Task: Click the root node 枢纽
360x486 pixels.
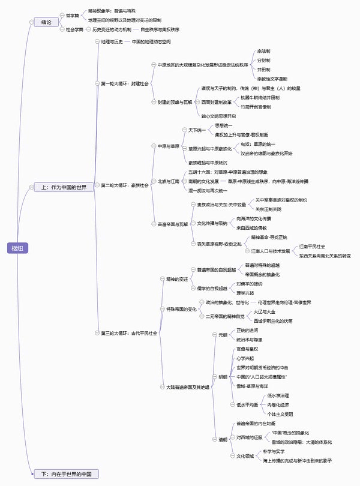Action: pyautogui.click(x=16, y=248)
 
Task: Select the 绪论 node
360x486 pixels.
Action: pyautogui.click(x=46, y=22)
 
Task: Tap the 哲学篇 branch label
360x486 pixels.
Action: pyautogui.click(x=72, y=15)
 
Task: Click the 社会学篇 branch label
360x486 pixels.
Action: pyautogui.click(x=74, y=29)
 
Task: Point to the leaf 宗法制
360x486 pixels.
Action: pyautogui.click(x=263, y=52)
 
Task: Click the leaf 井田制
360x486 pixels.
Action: pyautogui.click(x=263, y=70)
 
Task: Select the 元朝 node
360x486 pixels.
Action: pyautogui.click(x=223, y=334)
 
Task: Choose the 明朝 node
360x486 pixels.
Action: pyautogui.click(x=223, y=377)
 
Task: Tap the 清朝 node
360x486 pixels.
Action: pyautogui.click(x=223, y=439)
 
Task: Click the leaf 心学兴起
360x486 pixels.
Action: pyautogui.click(x=247, y=358)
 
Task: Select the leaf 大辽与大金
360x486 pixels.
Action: pyautogui.click(x=265, y=312)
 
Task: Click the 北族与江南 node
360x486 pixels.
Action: pyautogui.click(x=164, y=181)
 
